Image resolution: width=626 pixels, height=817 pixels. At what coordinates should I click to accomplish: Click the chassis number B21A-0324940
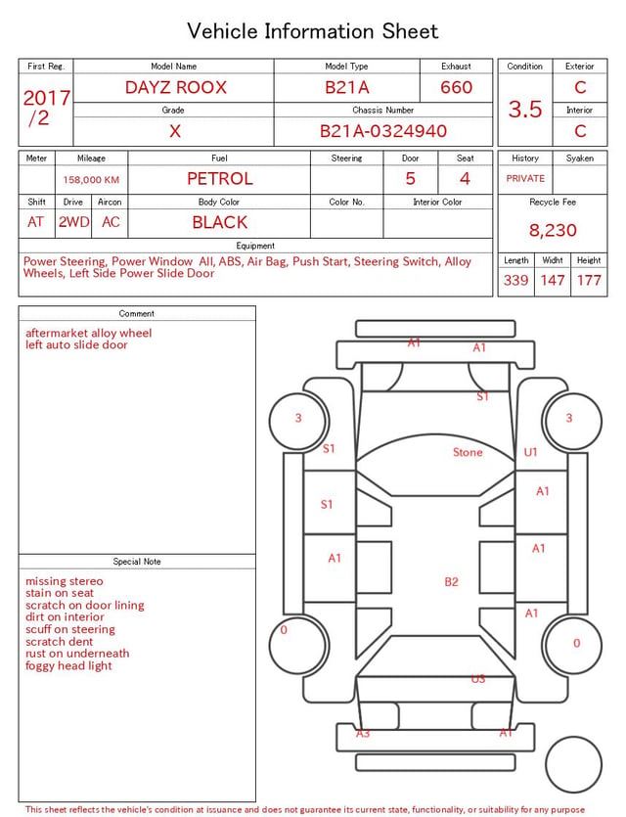(383, 131)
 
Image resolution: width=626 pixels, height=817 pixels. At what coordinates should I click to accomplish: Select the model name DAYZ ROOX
(176, 87)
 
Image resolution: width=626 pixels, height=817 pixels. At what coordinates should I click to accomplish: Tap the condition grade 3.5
(525, 109)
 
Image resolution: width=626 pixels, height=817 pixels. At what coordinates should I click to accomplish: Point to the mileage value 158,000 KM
(91, 180)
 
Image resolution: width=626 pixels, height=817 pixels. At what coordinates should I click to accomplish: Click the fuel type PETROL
(220, 179)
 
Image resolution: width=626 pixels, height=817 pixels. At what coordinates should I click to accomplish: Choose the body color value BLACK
(220, 222)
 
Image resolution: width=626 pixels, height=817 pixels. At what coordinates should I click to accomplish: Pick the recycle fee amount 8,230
(553, 230)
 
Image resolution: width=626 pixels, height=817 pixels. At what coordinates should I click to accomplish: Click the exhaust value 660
(456, 87)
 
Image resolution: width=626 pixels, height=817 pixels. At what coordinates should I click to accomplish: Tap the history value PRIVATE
(525, 178)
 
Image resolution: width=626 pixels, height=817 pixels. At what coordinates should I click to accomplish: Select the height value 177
(589, 280)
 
